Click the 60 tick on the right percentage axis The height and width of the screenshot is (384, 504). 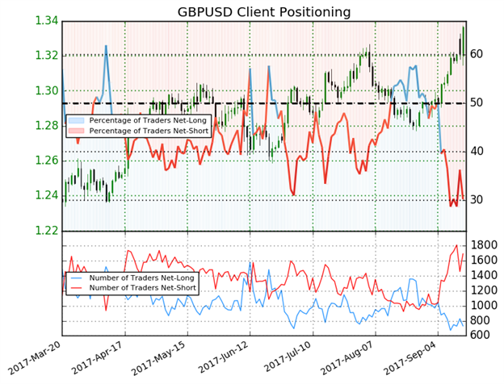[477, 54]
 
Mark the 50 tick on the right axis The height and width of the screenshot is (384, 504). [477, 103]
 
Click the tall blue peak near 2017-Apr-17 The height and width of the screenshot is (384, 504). [106, 47]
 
